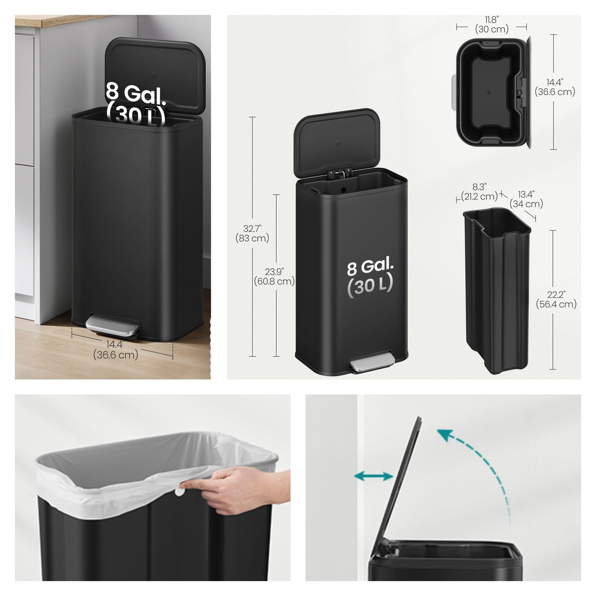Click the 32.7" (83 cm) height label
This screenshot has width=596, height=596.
pos(252,233)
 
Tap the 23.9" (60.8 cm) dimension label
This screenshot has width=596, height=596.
pos(274,276)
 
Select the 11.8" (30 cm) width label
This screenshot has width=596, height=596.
pos(492,24)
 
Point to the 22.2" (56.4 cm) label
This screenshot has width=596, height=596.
pos(556,299)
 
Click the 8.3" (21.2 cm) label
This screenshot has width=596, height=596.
pos(479,191)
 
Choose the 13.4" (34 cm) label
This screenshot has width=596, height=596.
pos(526,199)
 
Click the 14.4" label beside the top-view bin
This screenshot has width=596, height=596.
pos(555,87)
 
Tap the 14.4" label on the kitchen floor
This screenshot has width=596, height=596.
pos(115,350)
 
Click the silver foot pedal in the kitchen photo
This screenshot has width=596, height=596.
pos(112,325)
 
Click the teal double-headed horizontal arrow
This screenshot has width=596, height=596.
pos(373,476)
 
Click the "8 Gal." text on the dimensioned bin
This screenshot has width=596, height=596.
pos(370,267)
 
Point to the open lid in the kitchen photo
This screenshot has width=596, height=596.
pos(155,75)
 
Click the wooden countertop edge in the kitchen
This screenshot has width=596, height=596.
pos(62,21)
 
